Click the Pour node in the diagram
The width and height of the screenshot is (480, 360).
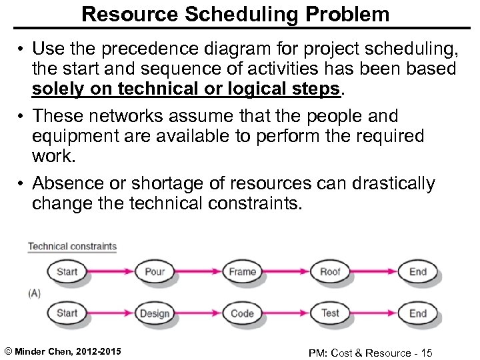pos(154,271)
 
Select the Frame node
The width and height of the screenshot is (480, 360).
pos(243,271)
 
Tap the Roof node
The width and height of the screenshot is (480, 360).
pos(330,271)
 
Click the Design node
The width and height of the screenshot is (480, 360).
pos(154,313)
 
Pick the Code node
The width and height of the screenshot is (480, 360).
pos(243,313)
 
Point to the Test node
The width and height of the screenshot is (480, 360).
pos(330,313)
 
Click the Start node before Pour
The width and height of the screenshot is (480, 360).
pos(67,271)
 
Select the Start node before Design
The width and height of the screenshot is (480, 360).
pos(67,313)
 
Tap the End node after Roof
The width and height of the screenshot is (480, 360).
pos(417,271)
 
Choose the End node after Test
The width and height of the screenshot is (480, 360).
pos(417,313)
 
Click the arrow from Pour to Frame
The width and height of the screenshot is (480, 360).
pos(199,271)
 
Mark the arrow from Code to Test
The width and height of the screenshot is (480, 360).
pos(287,313)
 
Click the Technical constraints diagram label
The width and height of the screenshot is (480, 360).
pos(72,247)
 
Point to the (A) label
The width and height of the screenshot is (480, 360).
pos(35,292)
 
